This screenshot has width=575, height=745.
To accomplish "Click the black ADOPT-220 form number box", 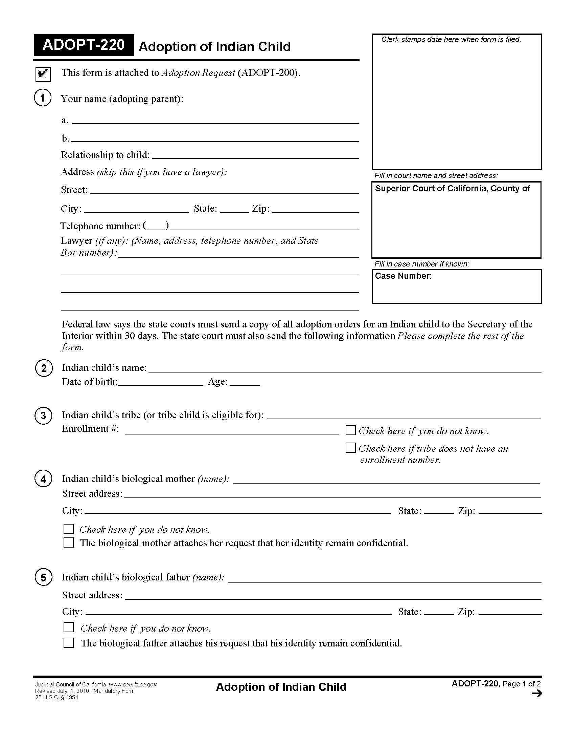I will point(84,45).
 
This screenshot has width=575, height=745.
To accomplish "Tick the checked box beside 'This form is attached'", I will point(43,74).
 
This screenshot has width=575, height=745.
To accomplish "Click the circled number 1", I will point(43,98).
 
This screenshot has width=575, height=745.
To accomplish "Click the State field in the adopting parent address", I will point(234,209).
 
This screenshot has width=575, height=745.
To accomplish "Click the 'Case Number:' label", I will point(403,276).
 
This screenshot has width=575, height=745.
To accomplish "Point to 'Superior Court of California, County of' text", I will point(452,189).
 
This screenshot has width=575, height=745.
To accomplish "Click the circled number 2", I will point(44,368).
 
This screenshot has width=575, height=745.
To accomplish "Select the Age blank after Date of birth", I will point(245,382).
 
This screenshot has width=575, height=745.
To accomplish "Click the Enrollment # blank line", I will point(232,430).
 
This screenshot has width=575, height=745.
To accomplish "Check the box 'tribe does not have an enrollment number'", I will point(350,448).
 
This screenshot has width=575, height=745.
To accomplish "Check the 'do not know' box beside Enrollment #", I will point(350,430).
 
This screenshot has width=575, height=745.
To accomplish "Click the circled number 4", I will point(43,479).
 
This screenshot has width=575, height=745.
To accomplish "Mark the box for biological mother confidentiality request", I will point(69,543).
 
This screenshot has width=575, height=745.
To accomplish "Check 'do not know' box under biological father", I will point(69,627).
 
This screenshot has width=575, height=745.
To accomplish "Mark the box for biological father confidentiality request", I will point(69,643).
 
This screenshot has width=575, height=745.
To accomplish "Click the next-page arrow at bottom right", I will point(536,694).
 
